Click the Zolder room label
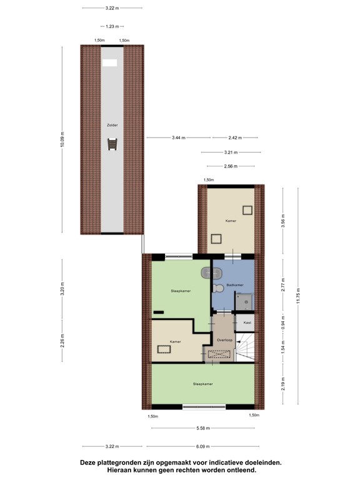pos(112,125)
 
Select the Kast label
pos(247,322)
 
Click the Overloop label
pos(224,340)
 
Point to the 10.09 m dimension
pos(62,139)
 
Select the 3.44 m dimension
pos(177,137)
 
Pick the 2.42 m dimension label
pos(234,137)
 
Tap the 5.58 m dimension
pos(203,428)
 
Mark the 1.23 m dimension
pos(112,26)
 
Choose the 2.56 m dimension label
pos(231,166)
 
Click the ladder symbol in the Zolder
pos(112,145)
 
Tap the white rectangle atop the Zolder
pos(110,62)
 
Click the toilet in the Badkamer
pos(218,288)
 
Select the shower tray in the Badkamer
pos(246,302)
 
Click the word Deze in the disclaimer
pos(90,463)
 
